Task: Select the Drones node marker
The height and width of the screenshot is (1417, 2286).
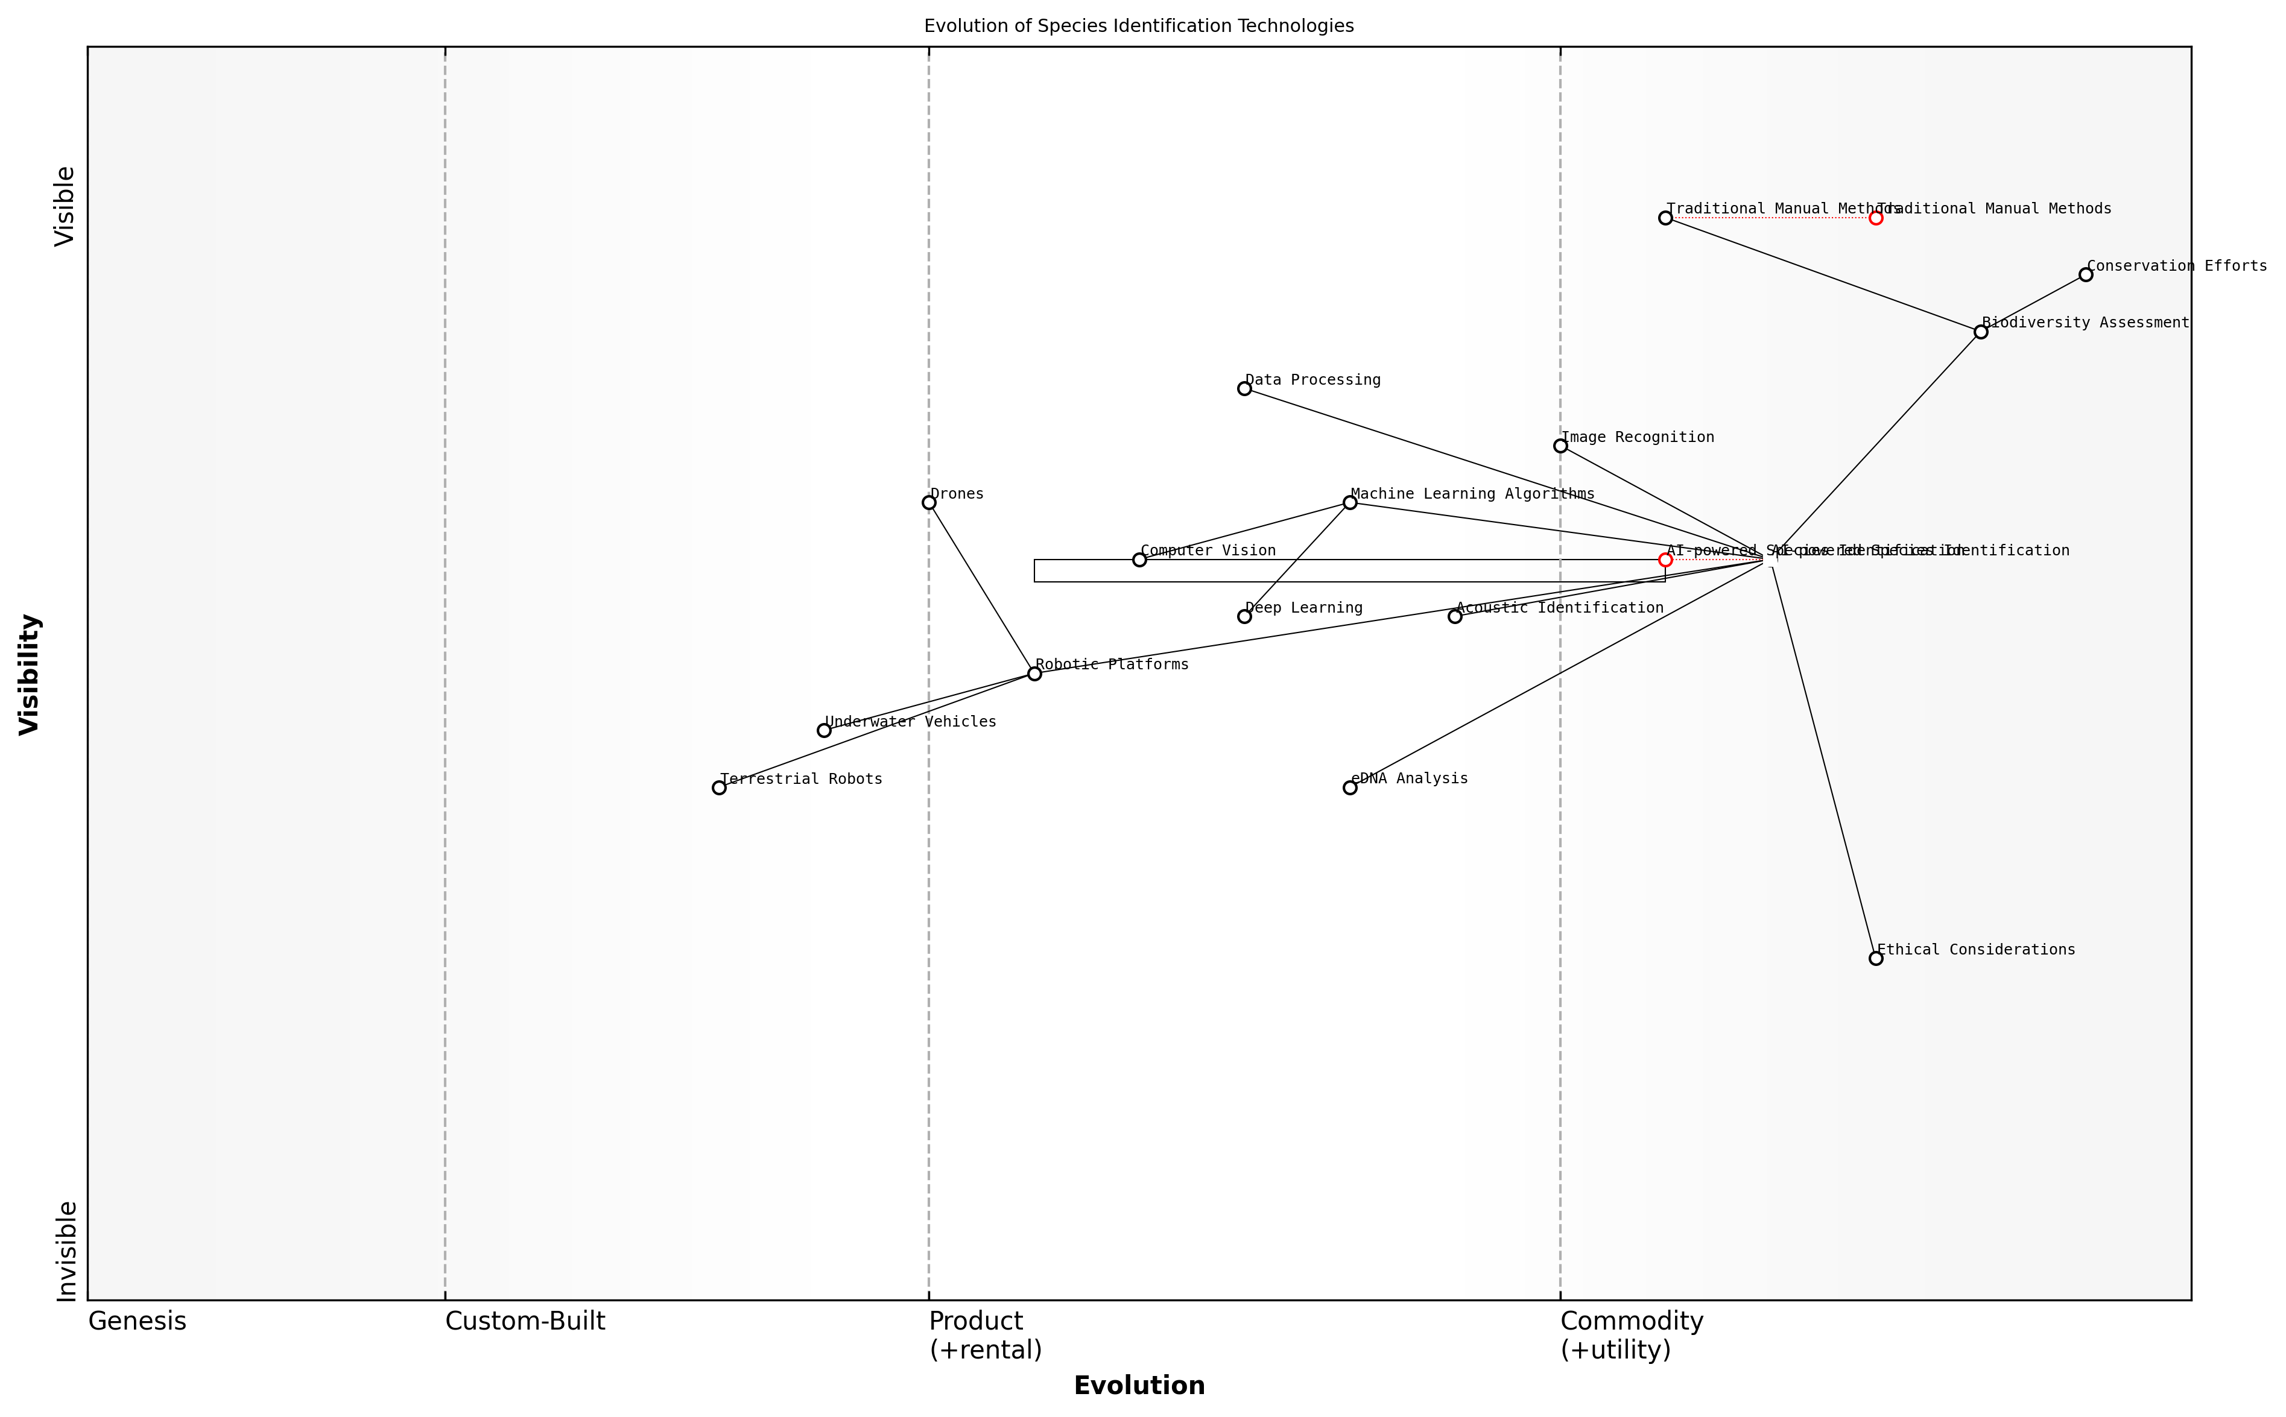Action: [x=929, y=502]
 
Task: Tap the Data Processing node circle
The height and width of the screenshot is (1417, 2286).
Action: [x=1244, y=388]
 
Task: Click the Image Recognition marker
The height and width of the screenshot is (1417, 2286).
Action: [x=1560, y=445]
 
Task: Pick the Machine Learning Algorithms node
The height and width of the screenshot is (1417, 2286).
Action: [x=1350, y=502]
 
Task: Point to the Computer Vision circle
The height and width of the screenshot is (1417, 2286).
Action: [x=1139, y=560]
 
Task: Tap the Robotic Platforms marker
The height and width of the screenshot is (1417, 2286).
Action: [x=1034, y=673]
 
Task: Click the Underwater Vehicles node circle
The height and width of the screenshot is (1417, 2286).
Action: [x=824, y=730]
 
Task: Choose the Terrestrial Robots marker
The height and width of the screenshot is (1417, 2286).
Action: [x=719, y=787]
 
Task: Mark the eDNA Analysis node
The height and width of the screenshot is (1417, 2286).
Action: [x=1350, y=787]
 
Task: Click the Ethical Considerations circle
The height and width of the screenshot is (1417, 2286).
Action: [x=1875, y=958]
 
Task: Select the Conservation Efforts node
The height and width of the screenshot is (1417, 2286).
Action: [x=2085, y=274]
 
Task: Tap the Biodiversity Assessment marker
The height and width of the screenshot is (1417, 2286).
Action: [x=1980, y=332]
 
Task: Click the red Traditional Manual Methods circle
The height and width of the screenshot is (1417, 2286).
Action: [x=1875, y=218]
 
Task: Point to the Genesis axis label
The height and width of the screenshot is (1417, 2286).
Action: [x=137, y=1321]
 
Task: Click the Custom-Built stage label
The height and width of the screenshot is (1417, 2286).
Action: [x=525, y=1321]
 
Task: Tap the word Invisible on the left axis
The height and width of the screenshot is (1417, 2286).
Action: [x=66, y=1251]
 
